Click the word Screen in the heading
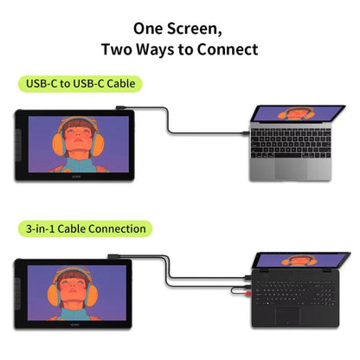194,29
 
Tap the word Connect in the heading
228,49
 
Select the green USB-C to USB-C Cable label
80,84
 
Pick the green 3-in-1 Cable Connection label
86,228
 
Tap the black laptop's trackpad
287,317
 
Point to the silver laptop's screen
297,113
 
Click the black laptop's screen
301,260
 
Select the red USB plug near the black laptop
248,293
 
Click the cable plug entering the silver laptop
246,133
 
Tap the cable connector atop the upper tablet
120,107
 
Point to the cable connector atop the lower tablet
113,256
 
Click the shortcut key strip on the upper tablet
18,145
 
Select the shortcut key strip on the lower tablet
18,294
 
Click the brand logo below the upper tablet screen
75,177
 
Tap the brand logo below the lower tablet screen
74,325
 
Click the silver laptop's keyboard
291,143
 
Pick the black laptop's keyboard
295,292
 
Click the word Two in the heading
117,49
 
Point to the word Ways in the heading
155,50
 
